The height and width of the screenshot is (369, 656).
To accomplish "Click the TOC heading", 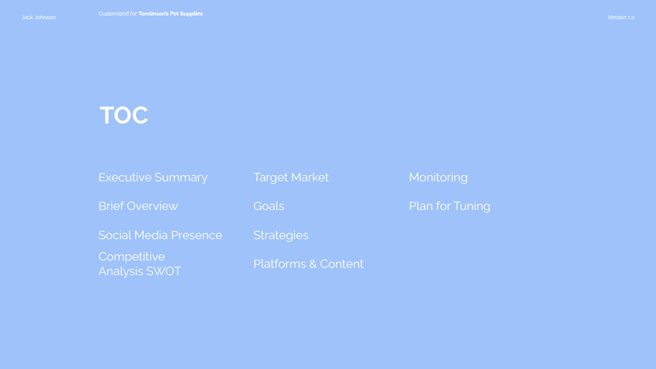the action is click(x=124, y=115).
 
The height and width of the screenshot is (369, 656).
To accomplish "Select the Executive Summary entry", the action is click(x=153, y=178).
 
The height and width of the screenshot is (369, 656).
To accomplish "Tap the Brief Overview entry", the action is click(x=138, y=206).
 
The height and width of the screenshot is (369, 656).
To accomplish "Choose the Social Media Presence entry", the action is click(x=160, y=235).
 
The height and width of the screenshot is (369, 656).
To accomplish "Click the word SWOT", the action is click(x=163, y=271).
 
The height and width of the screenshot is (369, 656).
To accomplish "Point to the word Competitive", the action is click(x=132, y=257).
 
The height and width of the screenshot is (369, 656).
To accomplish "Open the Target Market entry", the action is click(x=291, y=177).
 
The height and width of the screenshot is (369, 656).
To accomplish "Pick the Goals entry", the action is click(x=269, y=206).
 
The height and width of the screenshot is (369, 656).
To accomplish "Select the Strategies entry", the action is click(x=281, y=236).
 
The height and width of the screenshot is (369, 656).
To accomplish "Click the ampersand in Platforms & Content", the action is click(x=313, y=264).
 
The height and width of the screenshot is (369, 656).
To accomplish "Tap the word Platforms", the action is click(x=280, y=264).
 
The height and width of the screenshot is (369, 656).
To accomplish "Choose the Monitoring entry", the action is click(x=438, y=178).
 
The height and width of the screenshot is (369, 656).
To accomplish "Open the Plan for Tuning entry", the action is click(x=449, y=206).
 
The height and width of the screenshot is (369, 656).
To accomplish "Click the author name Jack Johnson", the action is click(x=39, y=17).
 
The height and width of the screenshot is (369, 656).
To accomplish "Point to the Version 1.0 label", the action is click(x=621, y=17).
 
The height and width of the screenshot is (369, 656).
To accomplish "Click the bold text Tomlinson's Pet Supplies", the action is click(x=171, y=14).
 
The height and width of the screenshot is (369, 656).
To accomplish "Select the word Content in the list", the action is click(x=342, y=264).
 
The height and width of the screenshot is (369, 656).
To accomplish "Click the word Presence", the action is click(x=197, y=235).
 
